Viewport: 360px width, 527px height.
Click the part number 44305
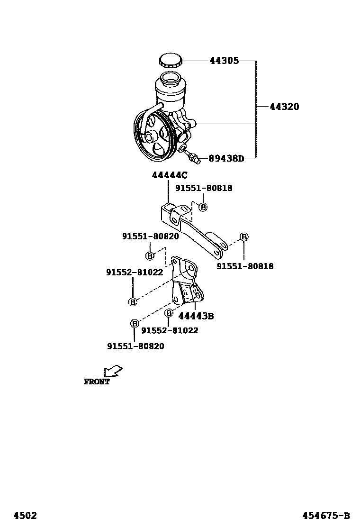[x=224, y=61]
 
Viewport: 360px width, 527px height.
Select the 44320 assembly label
[x=284, y=107]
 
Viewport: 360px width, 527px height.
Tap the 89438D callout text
[x=226, y=158]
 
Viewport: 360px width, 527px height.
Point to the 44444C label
[x=170, y=175]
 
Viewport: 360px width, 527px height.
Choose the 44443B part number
[x=196, y=316]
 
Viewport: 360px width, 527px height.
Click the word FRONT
[x=97, y=382]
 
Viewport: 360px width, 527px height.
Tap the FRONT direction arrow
[x=113, y=370]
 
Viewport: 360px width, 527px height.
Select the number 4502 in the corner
[x=25, y=516]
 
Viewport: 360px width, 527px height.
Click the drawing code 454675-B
[x=327, y=516]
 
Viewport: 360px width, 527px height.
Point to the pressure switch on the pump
[x=193, y=156]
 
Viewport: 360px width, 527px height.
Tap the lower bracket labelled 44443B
[x=187, y=284]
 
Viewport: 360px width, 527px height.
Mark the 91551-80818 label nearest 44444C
[x=204, y=188]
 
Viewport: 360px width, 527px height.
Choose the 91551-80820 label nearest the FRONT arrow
[x=135, y=346]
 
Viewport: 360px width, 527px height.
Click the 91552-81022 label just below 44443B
[x=170, y=330]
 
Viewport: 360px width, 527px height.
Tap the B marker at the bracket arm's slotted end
[x=243, y=237]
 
